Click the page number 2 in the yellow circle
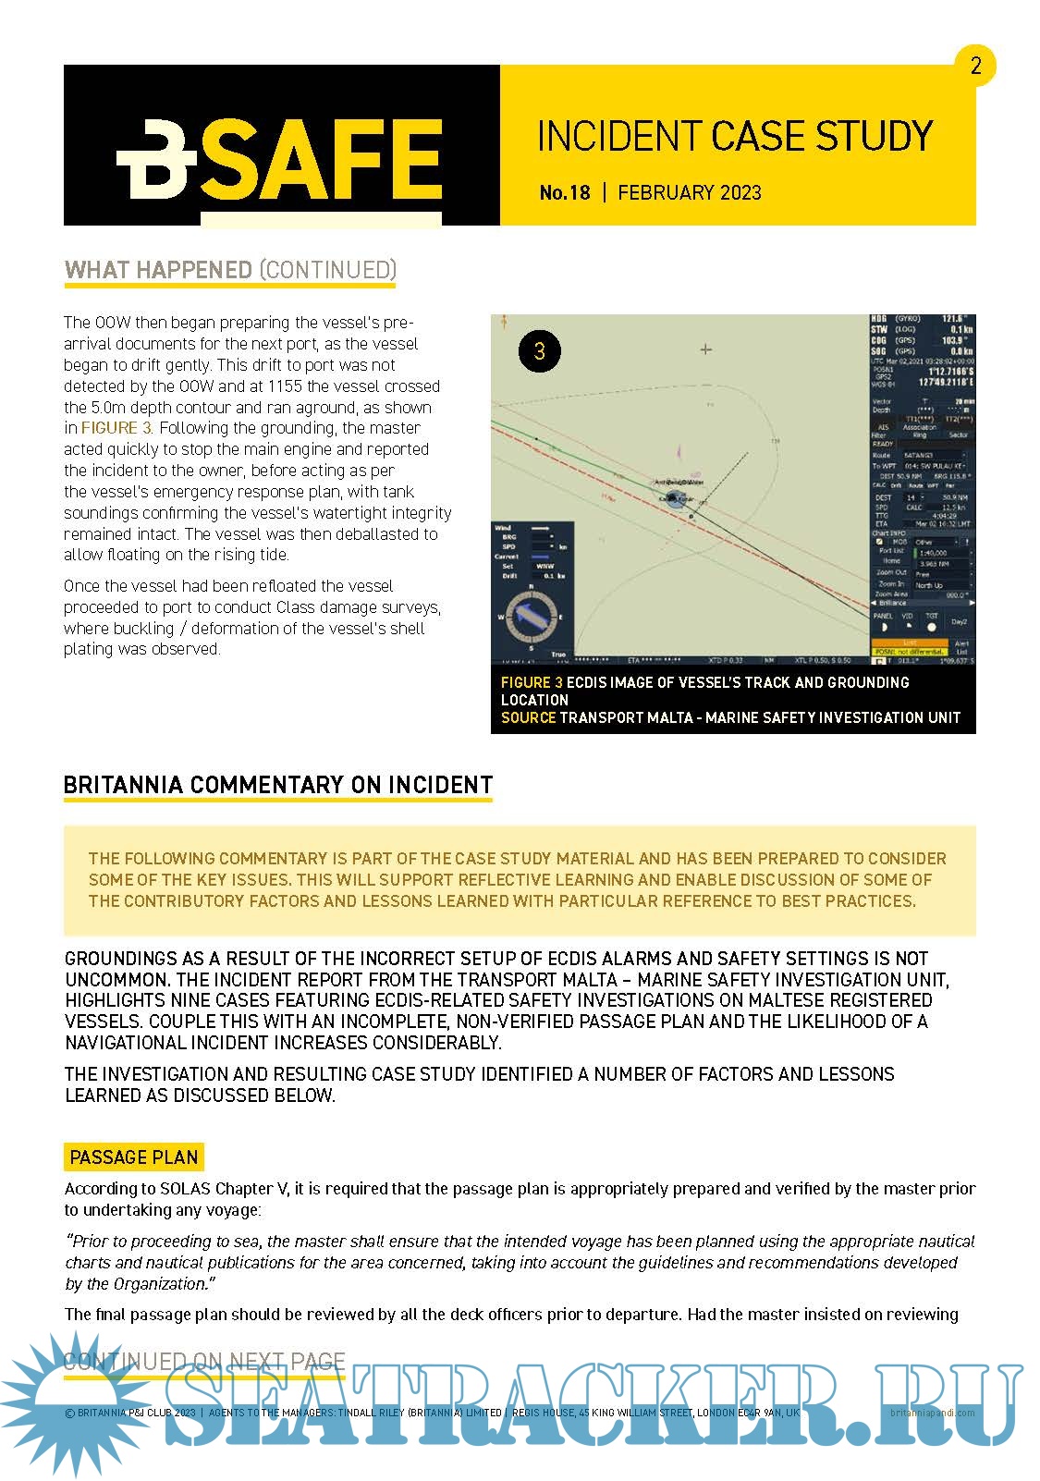coord(975,66)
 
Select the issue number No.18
coord(564,193)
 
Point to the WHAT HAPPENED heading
coord(158,270)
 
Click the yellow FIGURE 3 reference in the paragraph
coord(116,428)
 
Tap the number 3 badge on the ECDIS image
coord(540,351)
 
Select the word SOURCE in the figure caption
coord(528,717)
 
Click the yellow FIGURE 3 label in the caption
coord(532,682)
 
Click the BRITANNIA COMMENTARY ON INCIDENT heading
coord(277,785)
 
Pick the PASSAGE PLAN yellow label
coord(134,1157)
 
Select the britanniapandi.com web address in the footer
coord(932,1413)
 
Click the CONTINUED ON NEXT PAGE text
coord(204,1362)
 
